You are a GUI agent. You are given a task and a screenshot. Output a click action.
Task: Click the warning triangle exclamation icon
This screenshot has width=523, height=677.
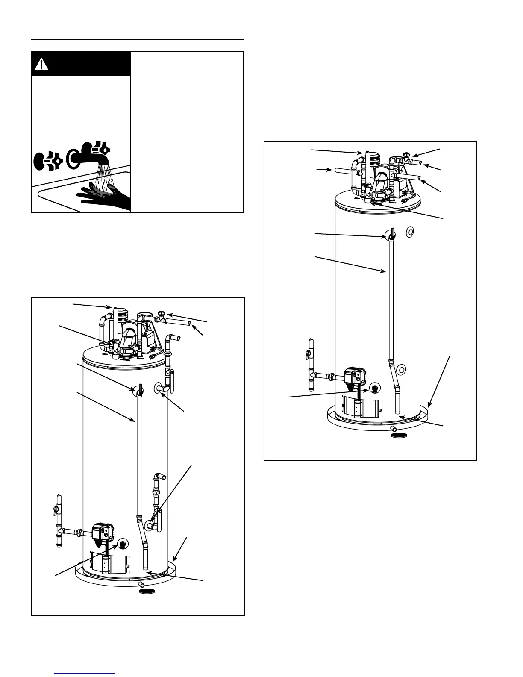click(x=41, y=65)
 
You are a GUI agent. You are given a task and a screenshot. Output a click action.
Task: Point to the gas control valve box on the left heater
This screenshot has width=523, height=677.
click(x=102, y=531)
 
